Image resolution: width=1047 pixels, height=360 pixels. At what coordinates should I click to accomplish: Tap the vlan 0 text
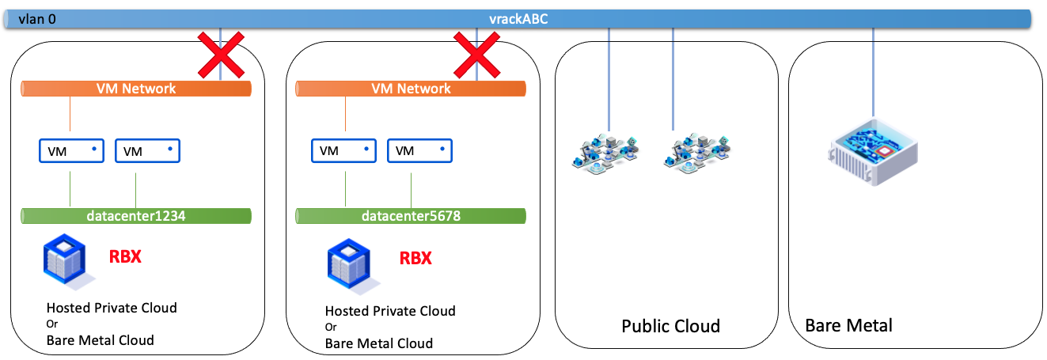tap(37, 19)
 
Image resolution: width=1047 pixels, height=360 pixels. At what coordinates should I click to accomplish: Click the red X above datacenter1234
tap(219, 55)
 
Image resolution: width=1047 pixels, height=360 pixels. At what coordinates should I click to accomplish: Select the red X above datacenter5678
tap(476, 55)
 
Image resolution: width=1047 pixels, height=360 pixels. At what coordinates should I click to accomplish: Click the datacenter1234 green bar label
tap(135, 215)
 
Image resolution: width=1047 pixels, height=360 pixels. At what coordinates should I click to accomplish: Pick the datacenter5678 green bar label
tap(410, 215)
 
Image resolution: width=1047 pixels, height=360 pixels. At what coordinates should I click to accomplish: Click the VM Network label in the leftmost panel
tap(135, 89)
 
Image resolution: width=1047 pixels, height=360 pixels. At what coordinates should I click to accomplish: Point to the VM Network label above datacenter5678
tap(410, 89)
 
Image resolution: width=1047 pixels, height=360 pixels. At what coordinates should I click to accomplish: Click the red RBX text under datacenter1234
tap(124, 256)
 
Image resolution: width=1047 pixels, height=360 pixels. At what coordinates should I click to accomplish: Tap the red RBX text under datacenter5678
tap(415, 258)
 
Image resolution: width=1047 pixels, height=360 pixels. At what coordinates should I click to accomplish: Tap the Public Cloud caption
tap(670, 326)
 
